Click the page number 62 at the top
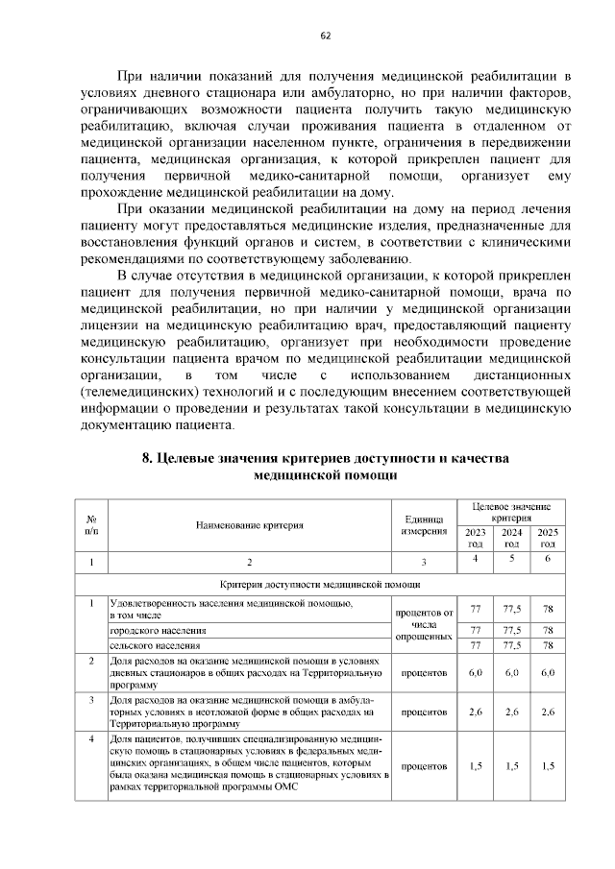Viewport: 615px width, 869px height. pyautogui.click(x=325, y=36)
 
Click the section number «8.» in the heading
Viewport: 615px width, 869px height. pyautogui.click(x=147, y=458)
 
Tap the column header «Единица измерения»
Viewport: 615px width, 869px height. pyautogui.click(x=423, y=525)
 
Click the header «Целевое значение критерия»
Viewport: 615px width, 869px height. pyautogui.click(x=511, y=511)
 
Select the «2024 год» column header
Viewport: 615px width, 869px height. pyautogui.click(x=512, y=538)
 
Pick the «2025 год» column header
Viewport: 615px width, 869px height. pyautogui.click(x=547, y=538)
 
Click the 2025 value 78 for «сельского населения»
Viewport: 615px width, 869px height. pyautogui.click(x=547, y=646)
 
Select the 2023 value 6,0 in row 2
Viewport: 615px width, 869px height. pyautogui.click(x=475, y=673)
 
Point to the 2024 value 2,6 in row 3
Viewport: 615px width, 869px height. pyautogui.click(x=512, y=712)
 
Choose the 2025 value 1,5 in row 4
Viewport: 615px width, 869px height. pyautogui.click(x=547, y=766)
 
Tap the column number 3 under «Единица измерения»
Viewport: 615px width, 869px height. pyautogui.click(x=423, y=562)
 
